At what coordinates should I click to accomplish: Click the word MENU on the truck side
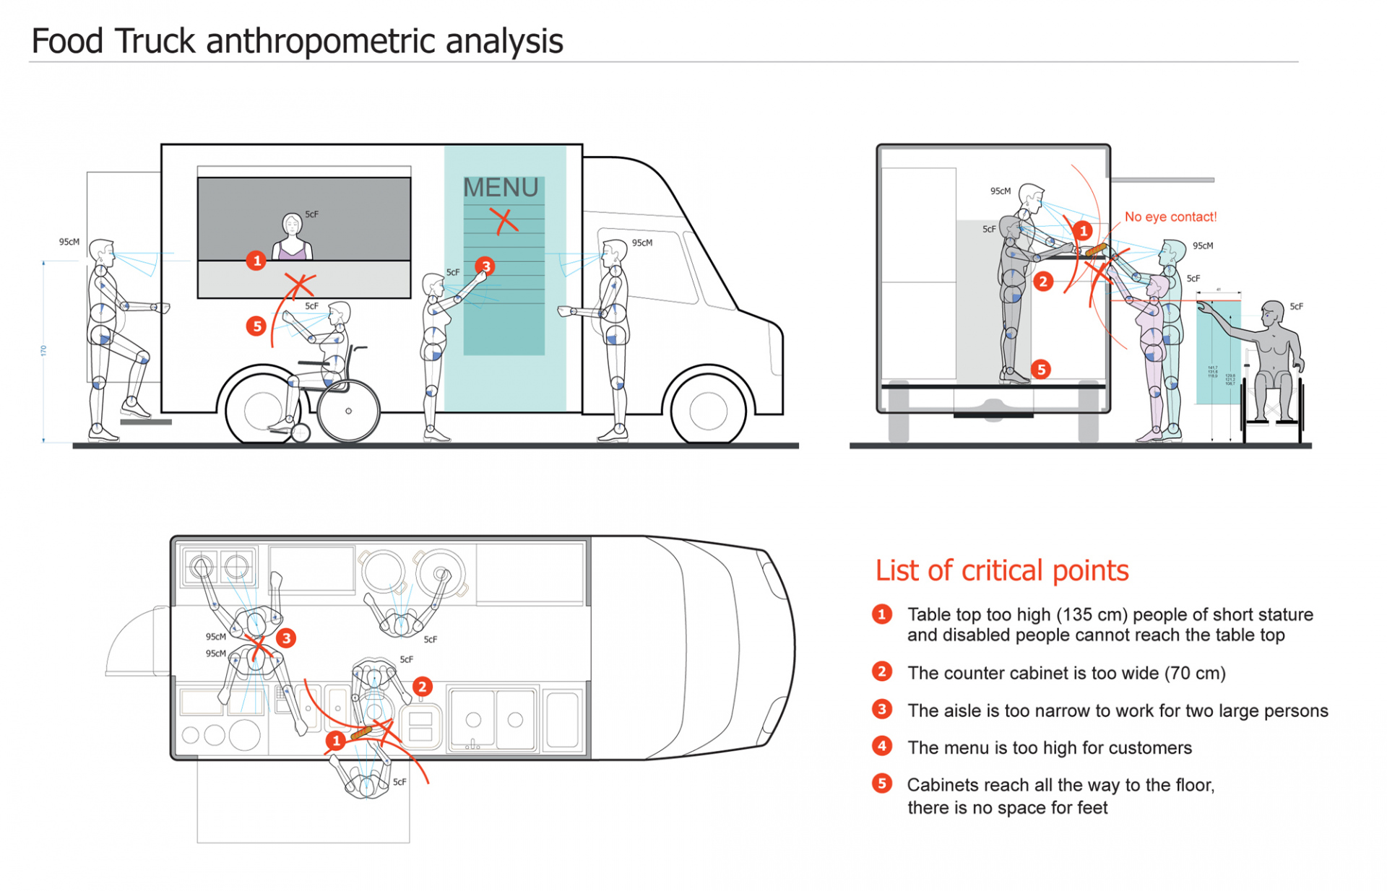tap(501, 188)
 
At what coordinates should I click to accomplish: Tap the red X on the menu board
tap(504, 220)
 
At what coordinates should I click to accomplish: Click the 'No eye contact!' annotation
tap(1170, 217)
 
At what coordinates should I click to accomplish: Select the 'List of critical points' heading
tap(1001, 570)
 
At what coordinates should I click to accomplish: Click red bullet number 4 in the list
tap(881, 746)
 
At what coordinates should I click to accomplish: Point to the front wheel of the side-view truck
tap(708, 410)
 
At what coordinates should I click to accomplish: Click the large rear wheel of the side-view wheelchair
tap(348, 411)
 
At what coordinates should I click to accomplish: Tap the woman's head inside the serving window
tap(292, 225)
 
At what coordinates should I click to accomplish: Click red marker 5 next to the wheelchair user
tap(256, 326)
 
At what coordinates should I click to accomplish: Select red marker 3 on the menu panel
tap(485, 266)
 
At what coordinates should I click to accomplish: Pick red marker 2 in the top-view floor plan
tap(422, 687)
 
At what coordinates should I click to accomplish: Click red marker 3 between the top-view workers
tap(286, 638)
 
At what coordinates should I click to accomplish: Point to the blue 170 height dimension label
tap(43, 351)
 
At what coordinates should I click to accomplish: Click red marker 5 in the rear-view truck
tap(1040, 370)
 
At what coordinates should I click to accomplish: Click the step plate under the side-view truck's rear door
tap(146, 422)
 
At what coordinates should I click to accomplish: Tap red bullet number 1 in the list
tap(881, 614)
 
